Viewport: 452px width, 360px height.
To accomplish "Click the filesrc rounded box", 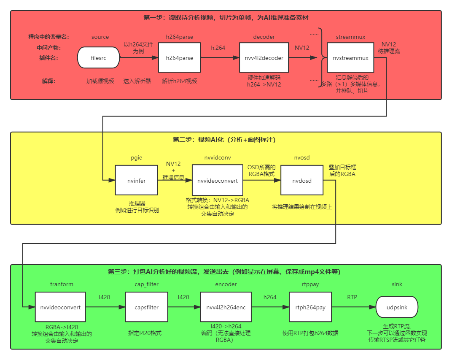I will (x=98, y=58).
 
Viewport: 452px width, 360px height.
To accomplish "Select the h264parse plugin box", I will (x=180, y=58).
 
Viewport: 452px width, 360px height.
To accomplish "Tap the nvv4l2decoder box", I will (x=264, y=58).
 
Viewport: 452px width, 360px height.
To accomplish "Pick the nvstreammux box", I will (x=351, y=58).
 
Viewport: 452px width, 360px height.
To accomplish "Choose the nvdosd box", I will (x=302, y=181).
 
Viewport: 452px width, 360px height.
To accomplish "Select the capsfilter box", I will (x=146, y=308).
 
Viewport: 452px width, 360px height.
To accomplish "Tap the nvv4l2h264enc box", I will (x=226, y=308).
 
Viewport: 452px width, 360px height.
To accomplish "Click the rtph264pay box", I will (x=310, y=308).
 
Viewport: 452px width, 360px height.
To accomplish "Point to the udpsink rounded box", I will (x=397, y=308).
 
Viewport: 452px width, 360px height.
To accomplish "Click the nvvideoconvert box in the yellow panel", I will (x=218, y=181).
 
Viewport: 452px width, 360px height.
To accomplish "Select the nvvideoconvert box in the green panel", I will (x=60, y=308).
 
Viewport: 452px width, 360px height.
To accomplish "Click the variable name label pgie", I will (x=136, y=157).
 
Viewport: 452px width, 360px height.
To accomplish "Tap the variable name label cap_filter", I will (x=146, y=284).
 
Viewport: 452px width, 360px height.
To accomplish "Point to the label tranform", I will (x=62, y=284).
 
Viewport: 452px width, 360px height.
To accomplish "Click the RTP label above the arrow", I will (x=352, y=297).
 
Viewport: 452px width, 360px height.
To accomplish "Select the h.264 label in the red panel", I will (x=218, y=48).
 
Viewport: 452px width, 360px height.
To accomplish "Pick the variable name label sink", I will (x=397, y=284).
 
